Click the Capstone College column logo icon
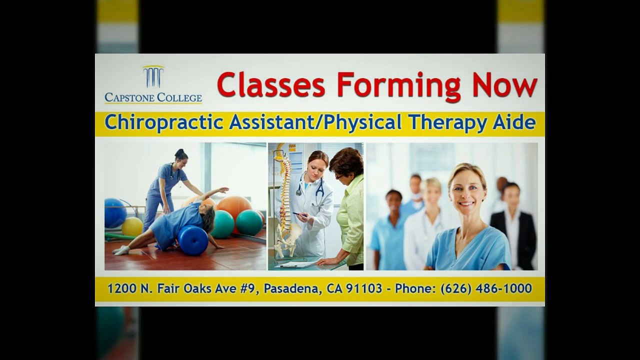tap(153, 76)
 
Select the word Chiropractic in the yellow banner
tap(164, 123)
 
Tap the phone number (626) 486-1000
tap(486, 288)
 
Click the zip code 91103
tap(367, 288)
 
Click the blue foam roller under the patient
tap(193, 239)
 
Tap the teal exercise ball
tap(249, 222)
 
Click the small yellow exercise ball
tap(132, 226)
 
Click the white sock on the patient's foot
tap(120, 250)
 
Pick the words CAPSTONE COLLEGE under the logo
tap(153, 97)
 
